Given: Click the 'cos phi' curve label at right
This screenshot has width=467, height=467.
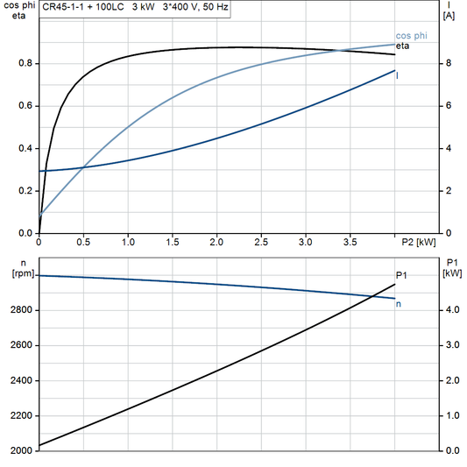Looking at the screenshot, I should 412,35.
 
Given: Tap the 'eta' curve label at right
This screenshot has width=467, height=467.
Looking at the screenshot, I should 403,45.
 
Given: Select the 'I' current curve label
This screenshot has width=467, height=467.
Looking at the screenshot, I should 399,75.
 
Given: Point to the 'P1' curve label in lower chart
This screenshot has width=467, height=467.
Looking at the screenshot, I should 401,275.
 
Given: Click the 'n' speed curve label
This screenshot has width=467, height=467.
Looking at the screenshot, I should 400,303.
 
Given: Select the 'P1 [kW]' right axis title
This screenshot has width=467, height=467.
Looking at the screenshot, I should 452,268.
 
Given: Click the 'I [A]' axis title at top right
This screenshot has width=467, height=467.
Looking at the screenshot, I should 449,11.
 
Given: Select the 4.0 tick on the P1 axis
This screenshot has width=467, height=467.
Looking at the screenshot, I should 448,310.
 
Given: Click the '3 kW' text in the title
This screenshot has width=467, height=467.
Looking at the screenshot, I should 144,6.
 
